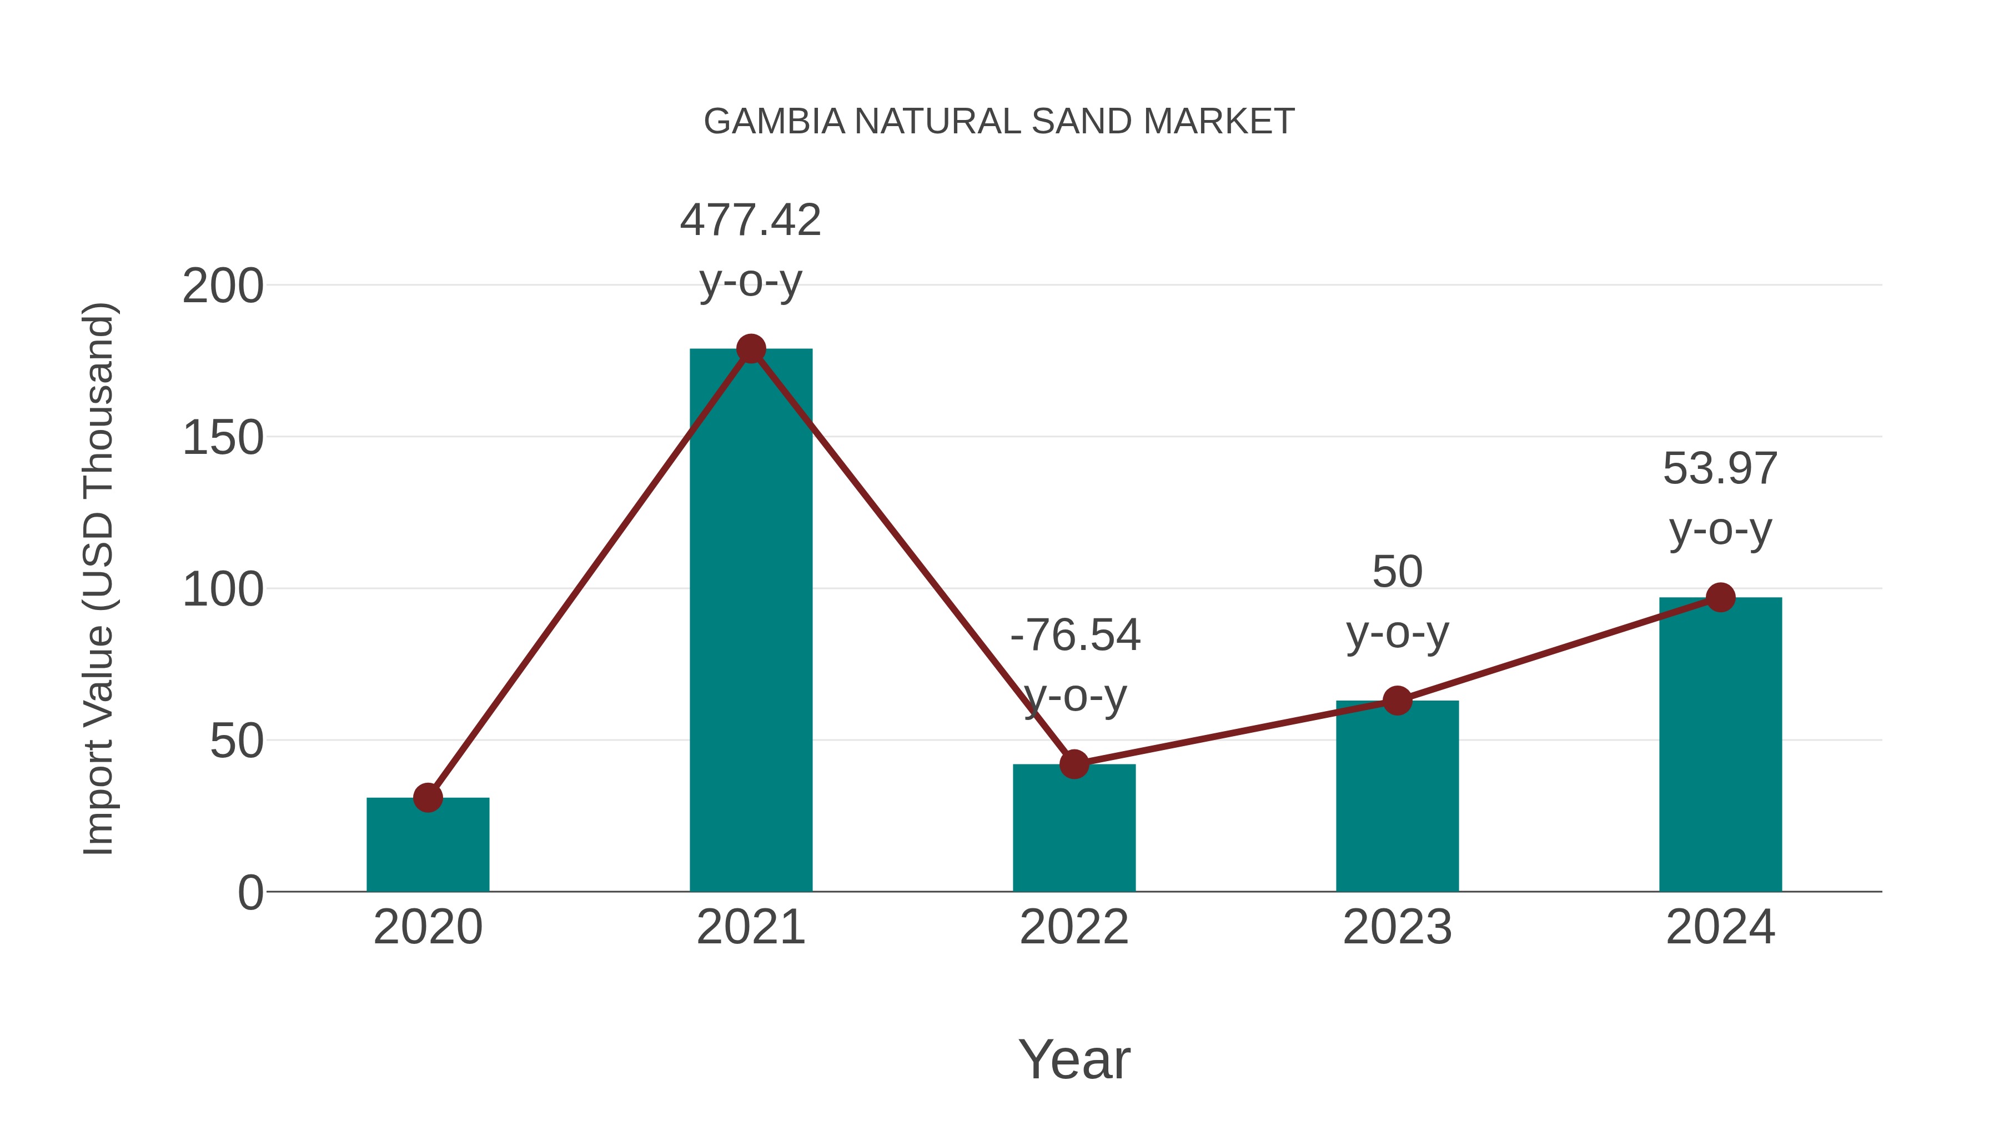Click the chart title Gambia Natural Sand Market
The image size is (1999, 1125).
pos(999,122)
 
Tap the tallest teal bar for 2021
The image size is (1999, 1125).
pos(750,621)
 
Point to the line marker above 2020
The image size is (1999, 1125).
pos(428,797)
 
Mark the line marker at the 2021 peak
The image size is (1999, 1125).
pos(750,348)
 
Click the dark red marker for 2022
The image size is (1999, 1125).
pos(1074,764)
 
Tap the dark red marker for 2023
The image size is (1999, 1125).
pos(1397,701)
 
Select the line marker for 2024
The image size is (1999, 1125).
pos(1720,597)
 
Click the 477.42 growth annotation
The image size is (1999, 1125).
pos(750,221)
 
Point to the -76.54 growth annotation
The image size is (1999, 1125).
pos(1075,635)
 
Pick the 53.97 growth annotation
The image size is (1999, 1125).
pos(1720,469)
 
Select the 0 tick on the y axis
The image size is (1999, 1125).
pos(250,893)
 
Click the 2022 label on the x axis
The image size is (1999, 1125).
pos(1074,927)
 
